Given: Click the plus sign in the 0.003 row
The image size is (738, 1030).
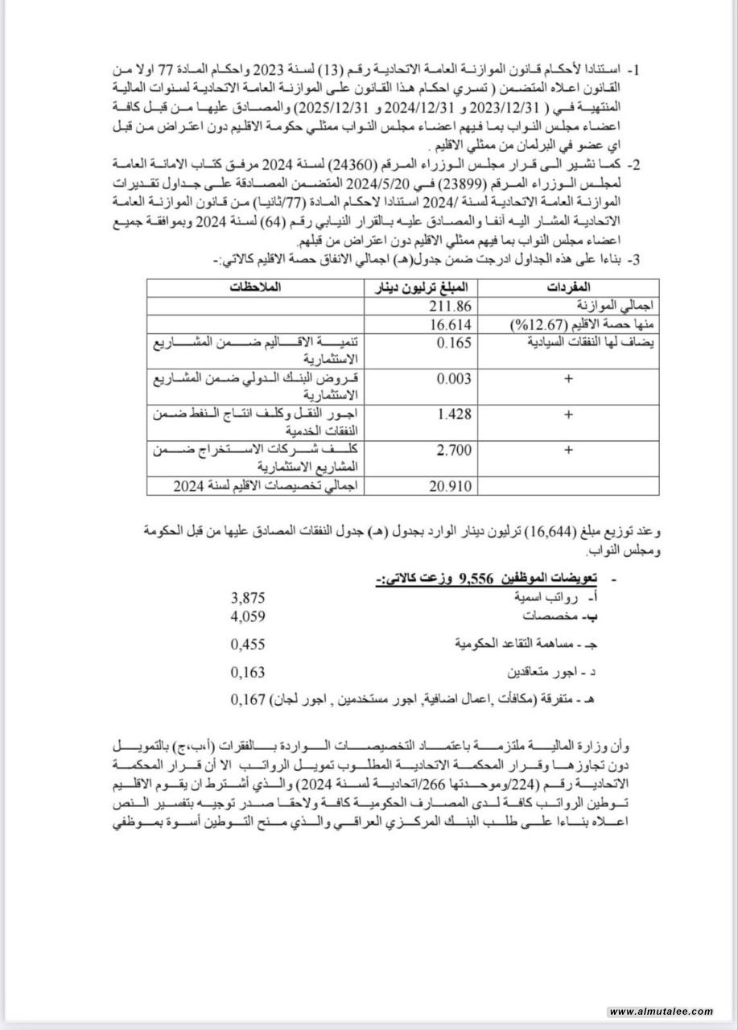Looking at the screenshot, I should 569,379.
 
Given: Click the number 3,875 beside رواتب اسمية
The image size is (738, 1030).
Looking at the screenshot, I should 247,598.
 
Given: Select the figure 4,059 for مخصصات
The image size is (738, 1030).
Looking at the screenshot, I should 247,616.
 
